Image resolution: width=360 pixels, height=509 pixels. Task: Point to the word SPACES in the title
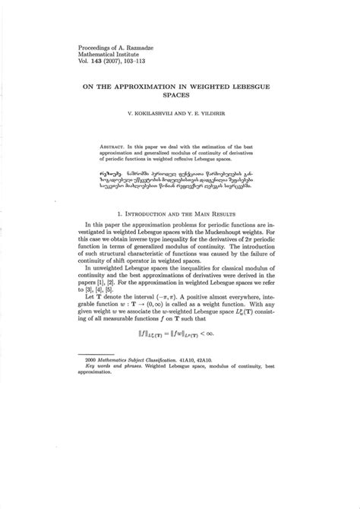(x=180, y=98)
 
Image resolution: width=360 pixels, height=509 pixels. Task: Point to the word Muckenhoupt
(x=236, y=237)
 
